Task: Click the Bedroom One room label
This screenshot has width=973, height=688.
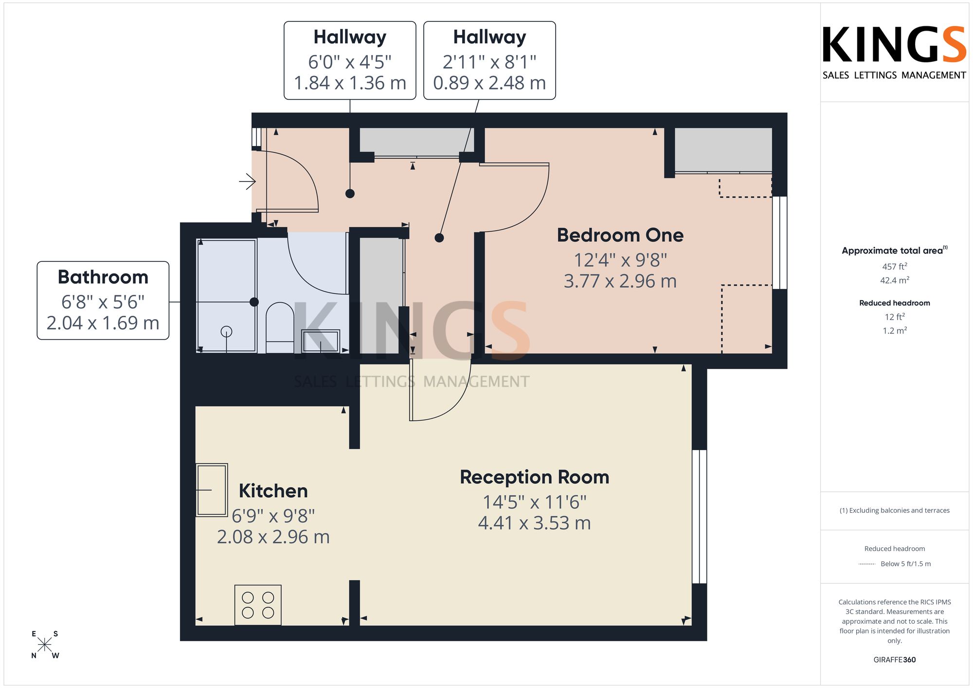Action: [x=620, y=235]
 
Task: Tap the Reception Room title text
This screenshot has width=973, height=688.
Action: [x=535, y=477]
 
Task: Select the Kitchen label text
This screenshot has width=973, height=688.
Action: [x=273, y=490]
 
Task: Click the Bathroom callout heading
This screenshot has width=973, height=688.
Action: [x=103, y=277]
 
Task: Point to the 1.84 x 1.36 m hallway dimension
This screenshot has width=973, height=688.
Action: [x=350, y=83]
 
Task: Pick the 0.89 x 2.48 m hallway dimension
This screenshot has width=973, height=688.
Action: [x=489, y=83]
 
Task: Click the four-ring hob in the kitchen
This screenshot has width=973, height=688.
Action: [x=258, y=605]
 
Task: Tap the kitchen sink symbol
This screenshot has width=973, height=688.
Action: [x=212, y=489]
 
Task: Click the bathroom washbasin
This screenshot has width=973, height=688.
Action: [x=321, y=341]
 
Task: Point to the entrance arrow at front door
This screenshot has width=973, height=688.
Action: [x=248, y=181]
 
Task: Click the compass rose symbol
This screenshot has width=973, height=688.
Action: [x=45, y=645]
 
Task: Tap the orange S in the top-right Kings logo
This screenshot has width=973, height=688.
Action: [x=954, y=44]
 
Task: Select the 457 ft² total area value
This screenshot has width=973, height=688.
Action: [x=895, y=266]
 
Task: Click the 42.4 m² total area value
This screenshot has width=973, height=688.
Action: [x=895, y=280]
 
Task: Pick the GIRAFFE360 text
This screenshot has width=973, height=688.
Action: [x=895, y=660]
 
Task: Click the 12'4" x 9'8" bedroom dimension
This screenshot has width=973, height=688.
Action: [x=620, y=260]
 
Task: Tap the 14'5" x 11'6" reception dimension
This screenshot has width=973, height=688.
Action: [x=535, y=502]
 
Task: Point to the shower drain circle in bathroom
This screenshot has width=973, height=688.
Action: [x=226, y=331]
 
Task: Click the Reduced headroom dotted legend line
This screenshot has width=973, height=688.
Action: [x=867, y=564]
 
